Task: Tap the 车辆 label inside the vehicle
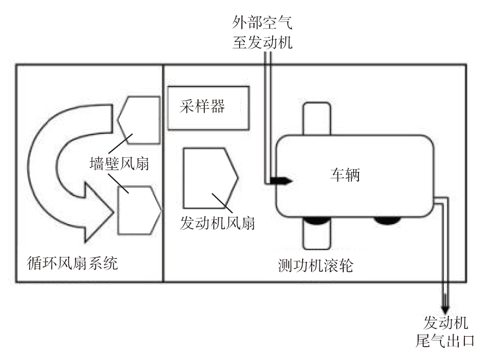[x=345, y=175]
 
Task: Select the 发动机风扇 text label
[x=217, y=223]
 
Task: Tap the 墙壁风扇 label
[x=119, y=164]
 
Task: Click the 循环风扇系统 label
[x=72, y=262]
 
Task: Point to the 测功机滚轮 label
[x=315, y=266]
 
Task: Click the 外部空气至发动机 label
[x=262, y=32]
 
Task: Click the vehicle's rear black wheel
[x=387, y=220]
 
